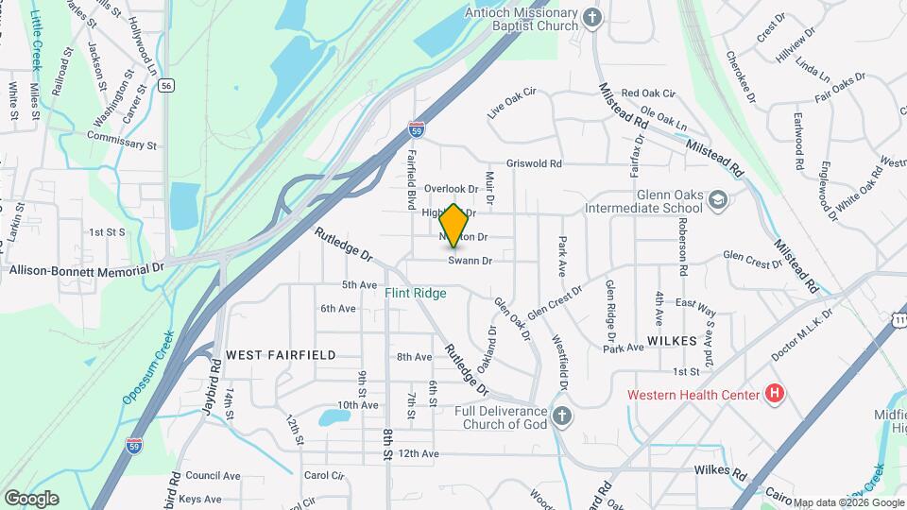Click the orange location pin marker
pyautogui.click(x=453, y=226)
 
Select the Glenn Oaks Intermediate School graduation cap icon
pyautogui.click(x=718, y=199)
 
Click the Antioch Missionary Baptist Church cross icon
pyautogui.click(x=592, y=19)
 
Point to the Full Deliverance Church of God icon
pyautogui.click(x=562, y=417)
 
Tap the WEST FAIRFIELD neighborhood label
pyautogui.click(x=281, y=354)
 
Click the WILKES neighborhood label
pyautogui.click(x=672, y=340)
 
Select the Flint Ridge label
pyautogui.click(x=415, y=294)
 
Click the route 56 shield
pyautogui.click(x=166, y=85)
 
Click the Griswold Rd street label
pyautogui.click(x=534, y=163)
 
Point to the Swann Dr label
pyautogui.click(x=471, y=261)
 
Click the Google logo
pyautogui.click(x=32, y=498)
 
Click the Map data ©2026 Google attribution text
pyautogui.click(x=847, y=502)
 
